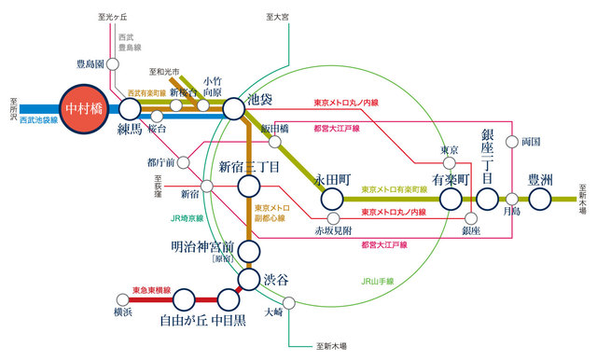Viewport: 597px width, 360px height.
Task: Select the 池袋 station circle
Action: click(233, 108)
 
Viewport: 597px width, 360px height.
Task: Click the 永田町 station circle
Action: click(331, 198)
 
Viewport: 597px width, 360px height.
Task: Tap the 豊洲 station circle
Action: click(540, 199)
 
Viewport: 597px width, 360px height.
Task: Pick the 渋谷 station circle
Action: click(249, 280)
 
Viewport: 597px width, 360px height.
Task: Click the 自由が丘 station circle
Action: click(184, 298)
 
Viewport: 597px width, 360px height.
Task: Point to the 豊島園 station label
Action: click(91, 64)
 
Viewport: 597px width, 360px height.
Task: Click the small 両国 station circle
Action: click(512, 143)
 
